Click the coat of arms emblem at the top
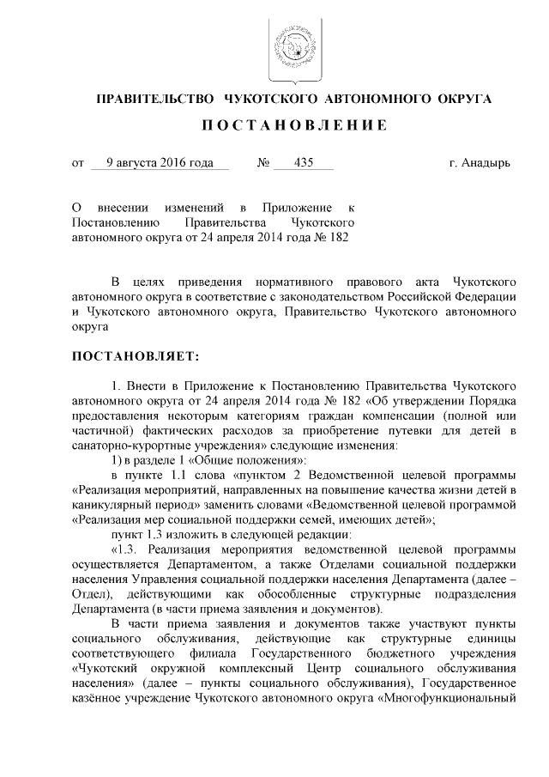pos(293,47)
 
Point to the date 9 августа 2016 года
pos(160,161)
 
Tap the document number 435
pos(303,161)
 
